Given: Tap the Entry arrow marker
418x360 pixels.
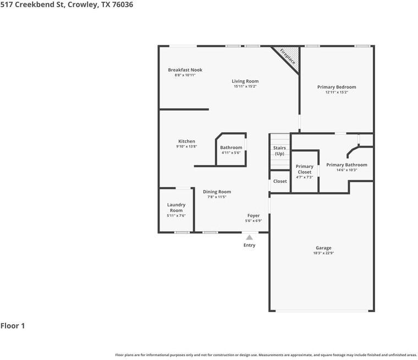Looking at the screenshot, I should pyautogui.click(x=249, y=237).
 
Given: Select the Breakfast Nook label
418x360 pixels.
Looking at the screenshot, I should pyautogui.click(x=185, y=70).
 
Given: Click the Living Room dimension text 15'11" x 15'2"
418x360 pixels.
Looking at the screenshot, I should pyautogui.click(x=245, y=86).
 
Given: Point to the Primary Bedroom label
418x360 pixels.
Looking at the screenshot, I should pyautogui.click(x=337, y=87).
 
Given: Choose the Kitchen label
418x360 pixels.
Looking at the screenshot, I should pyautogui.click(x=186, y=141).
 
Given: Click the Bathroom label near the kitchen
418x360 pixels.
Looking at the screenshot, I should pyautogui.click(x=231, y=148).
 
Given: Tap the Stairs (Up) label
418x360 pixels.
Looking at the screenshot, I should pyautogui.click(x=279, y=150).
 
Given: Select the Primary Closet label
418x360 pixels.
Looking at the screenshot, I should pyautogui.click(x=304, y=169).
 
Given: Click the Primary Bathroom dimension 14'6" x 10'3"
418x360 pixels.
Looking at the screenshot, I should pyautogui.click(x=346, y=170).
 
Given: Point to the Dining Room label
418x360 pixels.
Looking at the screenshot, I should pyautogui.click(x=217, y=192).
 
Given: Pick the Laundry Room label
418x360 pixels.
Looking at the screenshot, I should pyautogui.click(x=176, y=208).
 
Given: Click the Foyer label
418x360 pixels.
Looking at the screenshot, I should pyautogui.click(x=253, y=216).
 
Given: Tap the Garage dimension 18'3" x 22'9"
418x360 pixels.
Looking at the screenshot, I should pyautogui.click(x=323, y=253).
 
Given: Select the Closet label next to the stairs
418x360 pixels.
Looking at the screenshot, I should pyautogui.click(x=280, y=181).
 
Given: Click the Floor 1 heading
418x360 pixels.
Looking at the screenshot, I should pyautogui.click(x=13, y=326).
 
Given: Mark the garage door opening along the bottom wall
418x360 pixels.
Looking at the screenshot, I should pyautogui.click(x=322, y=311).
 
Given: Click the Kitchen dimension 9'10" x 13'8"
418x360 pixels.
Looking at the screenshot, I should pyautogui.click(x=186, y=146).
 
